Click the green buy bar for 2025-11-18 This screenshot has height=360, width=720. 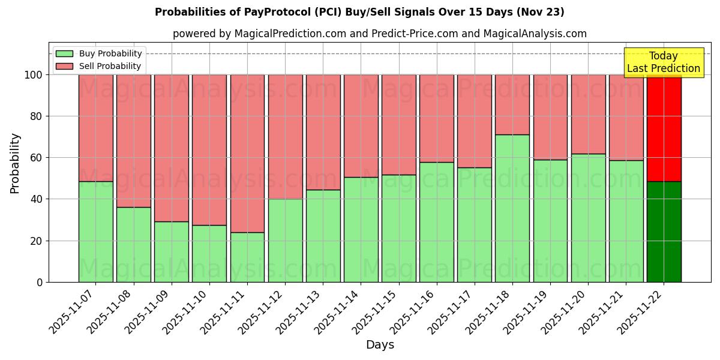click(512, 208)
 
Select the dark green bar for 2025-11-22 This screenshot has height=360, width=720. click(664, 232)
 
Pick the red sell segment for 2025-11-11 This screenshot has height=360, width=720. click(247, 153)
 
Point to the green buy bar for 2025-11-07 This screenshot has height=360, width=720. click(95, 232)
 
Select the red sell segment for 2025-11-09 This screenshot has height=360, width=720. click(172, 148)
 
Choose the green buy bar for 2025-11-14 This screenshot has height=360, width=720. click(361, 229)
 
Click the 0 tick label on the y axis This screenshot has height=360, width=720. click(40, 282)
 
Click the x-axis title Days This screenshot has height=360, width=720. click(380, 345)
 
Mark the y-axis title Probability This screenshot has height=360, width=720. click(15, 163)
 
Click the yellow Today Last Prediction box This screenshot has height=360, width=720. click(664, 62)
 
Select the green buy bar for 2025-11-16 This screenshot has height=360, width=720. click(437, 222)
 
